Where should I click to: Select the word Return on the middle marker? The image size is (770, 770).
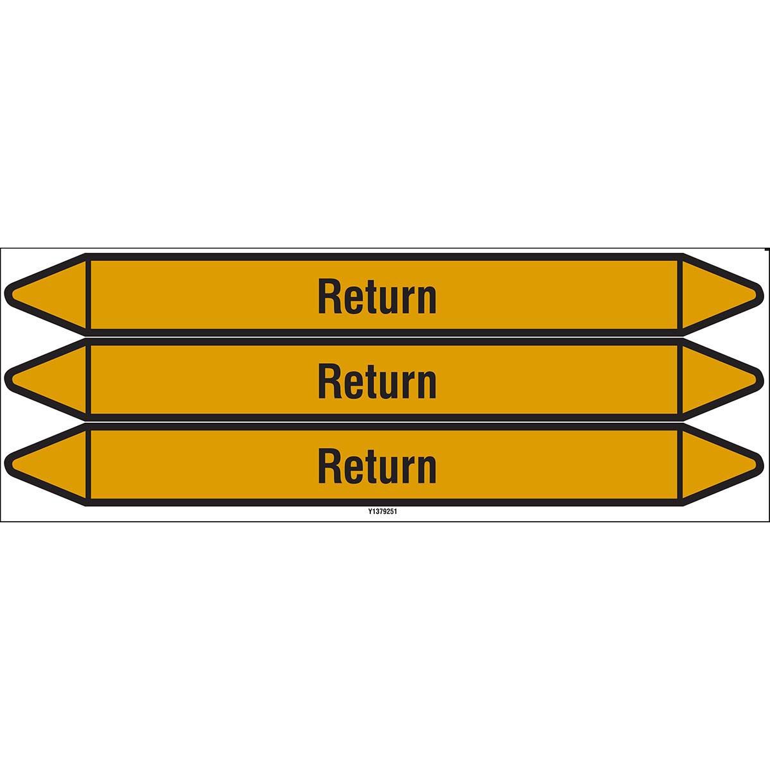point(377,382)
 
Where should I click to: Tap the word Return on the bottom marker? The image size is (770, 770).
point(377,468)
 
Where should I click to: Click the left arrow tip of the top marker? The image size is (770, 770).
point(4,295)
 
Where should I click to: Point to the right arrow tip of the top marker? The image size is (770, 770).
point(763,295)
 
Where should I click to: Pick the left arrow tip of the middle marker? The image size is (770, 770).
point(4,380)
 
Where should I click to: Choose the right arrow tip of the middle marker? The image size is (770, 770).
point(763,380)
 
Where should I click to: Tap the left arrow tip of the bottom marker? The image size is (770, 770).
point(4,465)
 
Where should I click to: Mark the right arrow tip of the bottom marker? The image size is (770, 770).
point(763,465)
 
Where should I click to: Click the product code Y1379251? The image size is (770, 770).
point(382,511)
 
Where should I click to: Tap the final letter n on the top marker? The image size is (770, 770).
point(427,302)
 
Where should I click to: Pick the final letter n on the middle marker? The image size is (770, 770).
point(427,386)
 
